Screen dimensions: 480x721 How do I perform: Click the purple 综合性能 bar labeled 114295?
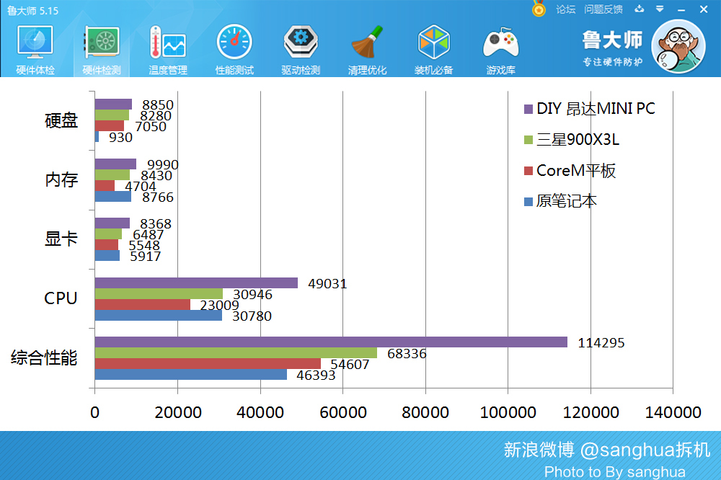pyautogui.click(x=330, y=342)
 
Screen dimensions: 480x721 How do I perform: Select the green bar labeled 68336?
pyautogui.click(x=236, y=352)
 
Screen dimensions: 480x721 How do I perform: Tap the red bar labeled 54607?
pyautogui.click(x=208, y=363)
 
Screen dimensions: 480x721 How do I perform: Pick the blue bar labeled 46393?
pyautogui.click(x=190, y=374)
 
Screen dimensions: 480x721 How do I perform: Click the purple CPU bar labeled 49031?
pyautogui.click(x=195, y=283)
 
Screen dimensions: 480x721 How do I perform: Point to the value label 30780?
pyautogui.click(x=252, y=316)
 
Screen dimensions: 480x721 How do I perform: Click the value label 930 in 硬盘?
pyautogui.click(x=120, y=137)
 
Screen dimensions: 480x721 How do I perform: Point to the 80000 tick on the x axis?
pyautogui.click(x=425, y=412)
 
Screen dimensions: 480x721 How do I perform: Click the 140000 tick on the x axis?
pyautogui.click(x=672, y=412)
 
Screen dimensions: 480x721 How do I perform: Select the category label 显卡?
pyautogui.click(x=61, y=239)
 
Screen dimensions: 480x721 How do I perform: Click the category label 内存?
pyautogui.click(x=61, y=180)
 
